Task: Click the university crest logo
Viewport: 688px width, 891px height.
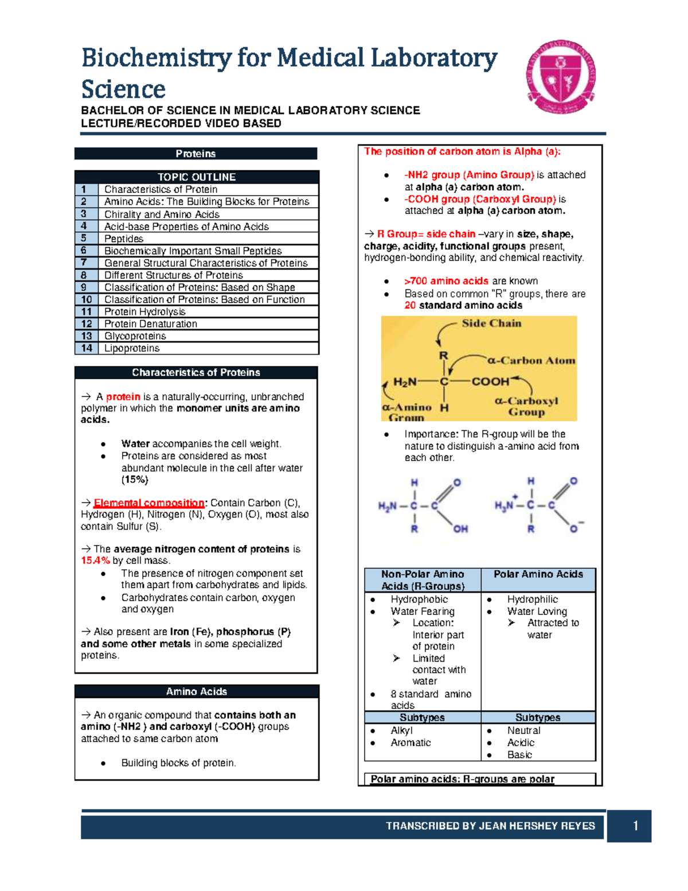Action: tap(561, 77)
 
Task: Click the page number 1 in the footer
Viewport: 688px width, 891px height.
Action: tap(635, 826)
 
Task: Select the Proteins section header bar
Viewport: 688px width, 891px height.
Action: tap(196, 154)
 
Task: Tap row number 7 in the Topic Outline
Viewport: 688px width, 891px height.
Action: tap(85, 263)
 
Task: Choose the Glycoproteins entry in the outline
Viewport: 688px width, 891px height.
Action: tap(135, 336)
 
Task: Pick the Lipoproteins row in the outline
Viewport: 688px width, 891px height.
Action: tap(132, 348)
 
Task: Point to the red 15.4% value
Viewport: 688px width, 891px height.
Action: tap(95, 561)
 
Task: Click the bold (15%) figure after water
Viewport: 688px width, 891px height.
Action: tap(135, 480)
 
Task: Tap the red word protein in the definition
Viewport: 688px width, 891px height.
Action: tap(123, 397)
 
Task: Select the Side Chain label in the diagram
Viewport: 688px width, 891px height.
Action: tap(491, 324)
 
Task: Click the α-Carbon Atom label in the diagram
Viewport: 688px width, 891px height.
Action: tap(531, 361)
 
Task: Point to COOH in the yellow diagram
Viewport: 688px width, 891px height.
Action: tap(490, 382)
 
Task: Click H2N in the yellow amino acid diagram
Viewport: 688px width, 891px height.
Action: tap(405, 382)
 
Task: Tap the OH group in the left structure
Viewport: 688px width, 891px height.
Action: tap(460, 529)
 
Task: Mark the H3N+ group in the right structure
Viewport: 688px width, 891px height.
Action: tap(505, 505)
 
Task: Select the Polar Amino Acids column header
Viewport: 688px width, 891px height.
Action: tap(538, 575)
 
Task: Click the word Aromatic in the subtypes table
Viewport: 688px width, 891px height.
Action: tap(411, 743)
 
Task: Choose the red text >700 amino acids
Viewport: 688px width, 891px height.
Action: tap(446, 281)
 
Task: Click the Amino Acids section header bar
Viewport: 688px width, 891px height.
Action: tap(196, 692)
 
